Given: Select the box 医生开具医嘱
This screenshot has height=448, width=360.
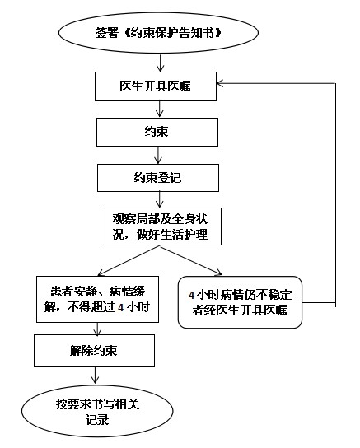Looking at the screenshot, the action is click(x=156, y=86).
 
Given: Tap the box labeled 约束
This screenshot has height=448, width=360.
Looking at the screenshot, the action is click(x=157, y=133).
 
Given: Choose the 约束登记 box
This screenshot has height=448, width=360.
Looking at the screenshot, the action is click(x=158, y=178).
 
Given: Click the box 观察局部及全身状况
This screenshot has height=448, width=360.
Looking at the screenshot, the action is click(x=161, y=226).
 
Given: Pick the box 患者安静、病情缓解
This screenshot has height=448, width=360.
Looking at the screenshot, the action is click(x=97, y=299).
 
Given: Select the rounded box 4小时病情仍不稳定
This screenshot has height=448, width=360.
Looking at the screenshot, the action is click(x=240, y=302).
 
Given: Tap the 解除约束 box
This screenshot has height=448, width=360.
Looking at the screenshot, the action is click(x=94, y=351).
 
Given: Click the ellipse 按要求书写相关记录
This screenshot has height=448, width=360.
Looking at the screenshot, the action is click(x=97, y=411).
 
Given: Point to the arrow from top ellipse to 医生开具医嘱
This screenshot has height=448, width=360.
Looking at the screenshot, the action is click(x=161, y=63).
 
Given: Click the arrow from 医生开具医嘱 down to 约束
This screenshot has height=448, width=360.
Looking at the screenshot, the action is click(x=159, y=109).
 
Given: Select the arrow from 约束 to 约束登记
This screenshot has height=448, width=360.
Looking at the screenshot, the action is click(x=158, y=155).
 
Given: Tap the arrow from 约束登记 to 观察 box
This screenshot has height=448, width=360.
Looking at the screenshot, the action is click(x=160, y=199).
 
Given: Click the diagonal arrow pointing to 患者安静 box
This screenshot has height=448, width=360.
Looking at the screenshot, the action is click(x=129, y=260).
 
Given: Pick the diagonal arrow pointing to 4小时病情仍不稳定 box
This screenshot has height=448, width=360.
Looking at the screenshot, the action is click(x=191, y=260).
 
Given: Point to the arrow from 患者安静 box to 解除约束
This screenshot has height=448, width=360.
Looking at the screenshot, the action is click(x=97, y=329).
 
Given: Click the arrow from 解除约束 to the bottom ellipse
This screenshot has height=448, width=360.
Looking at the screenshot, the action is click(x=95, y=376).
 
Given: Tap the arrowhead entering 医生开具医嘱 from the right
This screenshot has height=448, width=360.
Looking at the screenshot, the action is click(x=220, y=83).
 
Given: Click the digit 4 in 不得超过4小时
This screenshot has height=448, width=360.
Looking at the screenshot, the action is click(x=120, y=307).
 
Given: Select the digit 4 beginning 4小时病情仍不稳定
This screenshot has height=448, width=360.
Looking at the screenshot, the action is click(x=191, y=295).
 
